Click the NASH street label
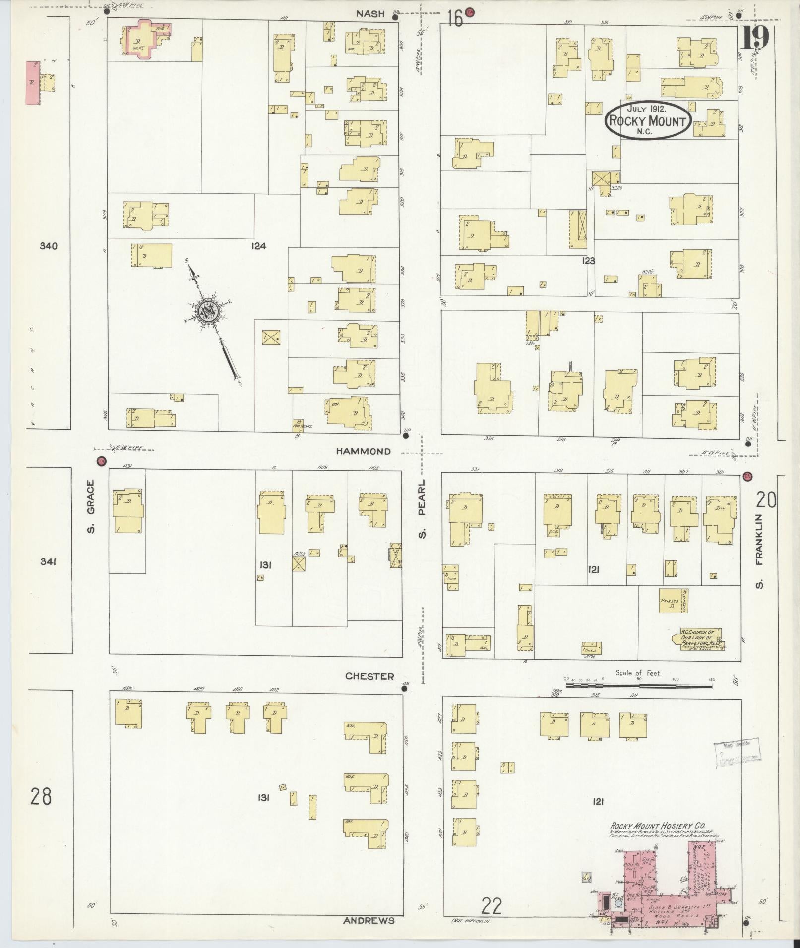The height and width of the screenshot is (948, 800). point(370,14)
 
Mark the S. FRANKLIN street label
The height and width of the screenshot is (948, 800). point(759,551)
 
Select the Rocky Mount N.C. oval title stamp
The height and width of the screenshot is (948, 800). point(647,120)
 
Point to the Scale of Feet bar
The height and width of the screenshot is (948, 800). point(639,686)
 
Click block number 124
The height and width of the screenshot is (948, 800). point(258,246)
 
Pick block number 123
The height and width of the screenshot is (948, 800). point(588,261)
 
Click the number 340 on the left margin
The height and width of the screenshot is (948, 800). point(50,246)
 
